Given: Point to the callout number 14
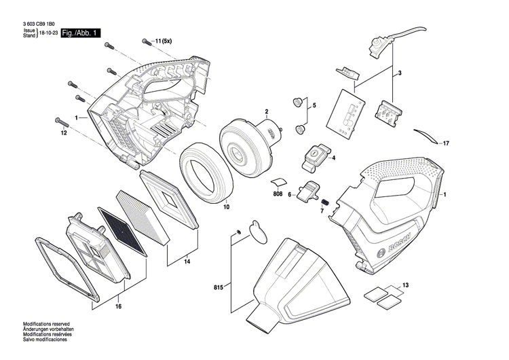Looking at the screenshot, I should pos(187,262).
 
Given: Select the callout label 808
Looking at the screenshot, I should pos(277,195).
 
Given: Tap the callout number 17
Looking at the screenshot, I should pos(445,144).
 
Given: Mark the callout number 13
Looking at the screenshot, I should pos(405,285).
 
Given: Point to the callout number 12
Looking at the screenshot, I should pos(63,133).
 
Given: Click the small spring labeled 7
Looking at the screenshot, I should pos(324,202).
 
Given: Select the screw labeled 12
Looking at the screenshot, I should pos(62,122).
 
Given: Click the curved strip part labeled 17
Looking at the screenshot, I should pos(426,136).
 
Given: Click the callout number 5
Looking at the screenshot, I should pos(314,105).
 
